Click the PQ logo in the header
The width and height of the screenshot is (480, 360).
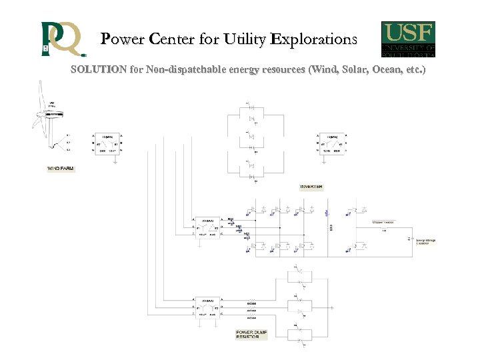62,39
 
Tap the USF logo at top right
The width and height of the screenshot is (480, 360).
408,39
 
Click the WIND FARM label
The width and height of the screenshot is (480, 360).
60,169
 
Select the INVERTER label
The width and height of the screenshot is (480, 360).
311,187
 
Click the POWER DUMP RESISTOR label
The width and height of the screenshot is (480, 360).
251,335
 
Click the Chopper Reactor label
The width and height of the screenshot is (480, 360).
384,221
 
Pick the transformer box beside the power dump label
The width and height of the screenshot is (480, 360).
207,307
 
